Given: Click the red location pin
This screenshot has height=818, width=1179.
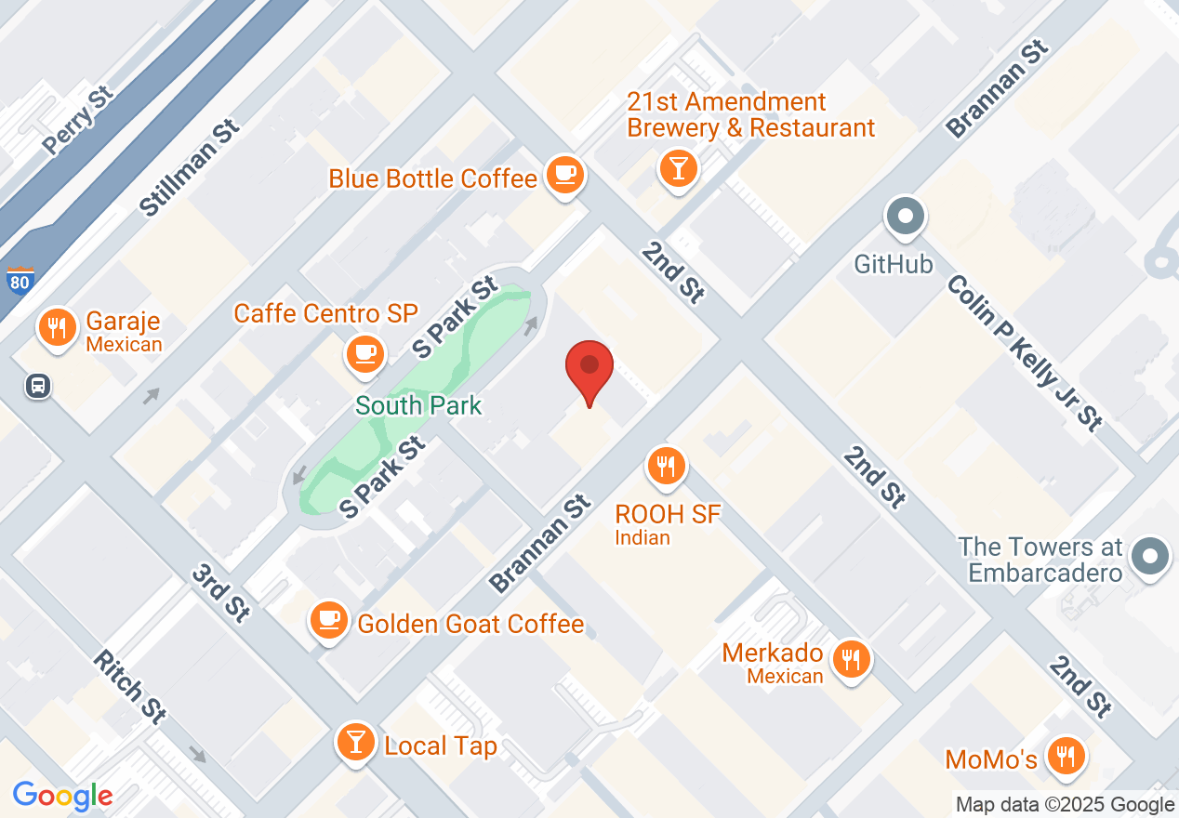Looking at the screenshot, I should tap(589, 368).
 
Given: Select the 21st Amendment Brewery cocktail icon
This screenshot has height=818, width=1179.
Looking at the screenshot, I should tap(678, 167).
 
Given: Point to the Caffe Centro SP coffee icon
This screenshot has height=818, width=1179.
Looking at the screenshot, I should tap(365, 353).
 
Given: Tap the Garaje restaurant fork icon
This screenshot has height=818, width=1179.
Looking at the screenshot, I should tap(58, 327).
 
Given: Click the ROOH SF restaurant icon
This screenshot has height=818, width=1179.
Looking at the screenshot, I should tap(666, 464).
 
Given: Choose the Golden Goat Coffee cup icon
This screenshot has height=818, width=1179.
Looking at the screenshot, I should tap(328, 618).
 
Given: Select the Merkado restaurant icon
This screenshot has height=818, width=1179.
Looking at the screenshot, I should tap(850, 658).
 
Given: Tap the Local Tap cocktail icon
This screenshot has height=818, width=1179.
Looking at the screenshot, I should tap(355, 742).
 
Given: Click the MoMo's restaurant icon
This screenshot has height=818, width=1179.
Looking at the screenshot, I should tap(1062, 756).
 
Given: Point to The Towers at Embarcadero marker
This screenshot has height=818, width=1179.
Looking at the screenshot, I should tap(1150, 557).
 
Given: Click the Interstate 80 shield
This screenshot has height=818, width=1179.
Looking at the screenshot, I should tap(19, 282).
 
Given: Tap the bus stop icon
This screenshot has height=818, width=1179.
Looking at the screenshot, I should tap(38, 386).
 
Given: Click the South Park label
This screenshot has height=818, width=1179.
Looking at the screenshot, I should tap(418, 405).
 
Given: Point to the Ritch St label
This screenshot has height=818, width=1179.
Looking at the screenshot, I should tap(131, 687).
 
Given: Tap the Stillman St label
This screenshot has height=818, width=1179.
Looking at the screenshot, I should tap(190, 168).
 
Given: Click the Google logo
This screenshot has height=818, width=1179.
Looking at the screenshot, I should tap(63, 796).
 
